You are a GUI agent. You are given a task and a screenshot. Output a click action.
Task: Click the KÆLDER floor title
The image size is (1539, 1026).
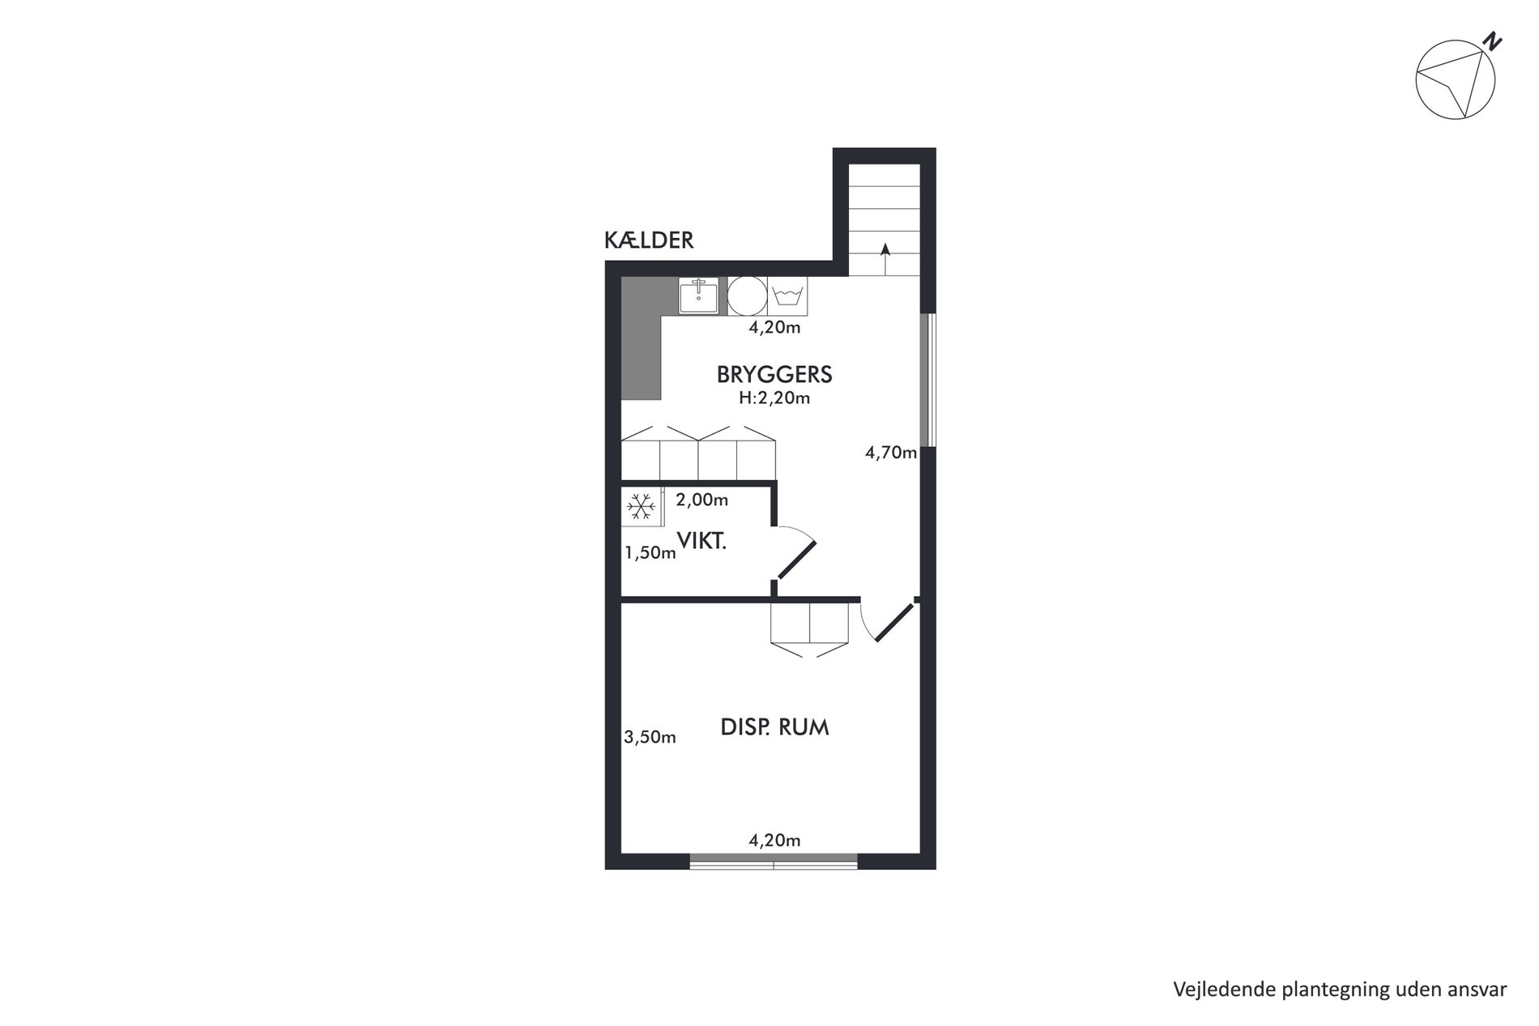click(x=649, y=241)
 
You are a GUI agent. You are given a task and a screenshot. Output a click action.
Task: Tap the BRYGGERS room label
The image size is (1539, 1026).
click(x=774, y=374)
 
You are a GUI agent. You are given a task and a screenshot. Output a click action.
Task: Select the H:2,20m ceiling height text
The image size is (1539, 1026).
click(x=774, y=398)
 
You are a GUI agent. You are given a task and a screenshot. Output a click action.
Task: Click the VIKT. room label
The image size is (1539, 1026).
click(x=701, y=542)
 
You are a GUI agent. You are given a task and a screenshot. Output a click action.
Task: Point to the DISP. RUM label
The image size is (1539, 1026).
click(x=774, y=727)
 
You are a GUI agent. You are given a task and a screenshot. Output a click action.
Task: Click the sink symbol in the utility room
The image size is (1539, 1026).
click(x=698, y=296)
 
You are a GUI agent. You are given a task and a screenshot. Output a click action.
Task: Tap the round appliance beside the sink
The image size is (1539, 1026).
click(x=747, y=296)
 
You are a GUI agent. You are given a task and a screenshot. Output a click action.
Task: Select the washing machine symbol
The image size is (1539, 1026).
click(x=787, y=296)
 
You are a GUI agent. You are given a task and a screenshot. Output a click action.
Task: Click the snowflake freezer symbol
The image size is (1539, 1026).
click(x=642, y=508)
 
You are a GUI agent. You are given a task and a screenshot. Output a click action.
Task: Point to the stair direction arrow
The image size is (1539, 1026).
click(x=885, y=259)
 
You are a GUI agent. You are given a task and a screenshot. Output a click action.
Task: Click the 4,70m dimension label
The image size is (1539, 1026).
click(x=891, y=453)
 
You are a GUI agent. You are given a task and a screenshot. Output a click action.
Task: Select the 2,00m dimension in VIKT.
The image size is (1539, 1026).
click(x=702, y=500)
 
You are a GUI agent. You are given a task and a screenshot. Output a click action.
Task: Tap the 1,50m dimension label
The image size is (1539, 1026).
click(x=650, y=553)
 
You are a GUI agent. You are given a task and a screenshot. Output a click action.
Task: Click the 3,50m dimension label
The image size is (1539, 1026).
click(x=650, y=738)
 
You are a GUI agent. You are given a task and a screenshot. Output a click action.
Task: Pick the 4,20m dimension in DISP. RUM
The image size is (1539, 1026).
click(x=774, y=841)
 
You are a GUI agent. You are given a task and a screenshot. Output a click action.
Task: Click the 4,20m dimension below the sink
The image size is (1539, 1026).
click(x=774, y=328)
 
